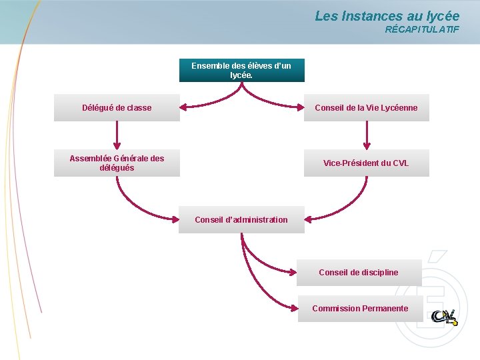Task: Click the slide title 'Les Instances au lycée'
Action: point(387,15)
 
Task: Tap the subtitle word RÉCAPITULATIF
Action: point(422,30)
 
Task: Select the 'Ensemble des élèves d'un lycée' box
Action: point(241,71)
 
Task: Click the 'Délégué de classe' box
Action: point(117,108)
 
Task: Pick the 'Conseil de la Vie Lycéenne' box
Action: point(366,108)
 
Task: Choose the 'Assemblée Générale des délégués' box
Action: point(117,163)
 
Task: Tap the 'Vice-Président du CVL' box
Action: point(366,163)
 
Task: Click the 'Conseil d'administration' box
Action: point(241,220)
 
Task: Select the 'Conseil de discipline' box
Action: point(359,272)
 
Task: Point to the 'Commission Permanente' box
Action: point(360,309)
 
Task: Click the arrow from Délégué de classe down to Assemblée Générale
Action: point(117,136)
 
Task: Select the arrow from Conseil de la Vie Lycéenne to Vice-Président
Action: point(366,136)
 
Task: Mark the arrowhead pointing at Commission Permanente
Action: point(293,308)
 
